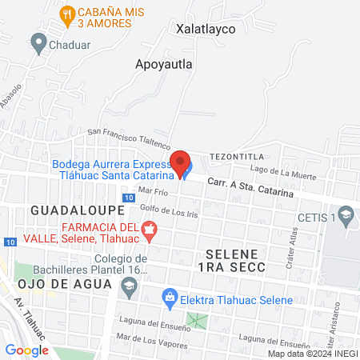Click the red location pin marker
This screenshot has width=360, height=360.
181,160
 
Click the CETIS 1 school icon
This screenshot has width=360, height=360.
346,214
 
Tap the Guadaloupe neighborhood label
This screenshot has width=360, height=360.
78,210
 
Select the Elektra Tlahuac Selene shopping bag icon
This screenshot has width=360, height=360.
169,297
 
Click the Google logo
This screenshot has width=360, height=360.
27,350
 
